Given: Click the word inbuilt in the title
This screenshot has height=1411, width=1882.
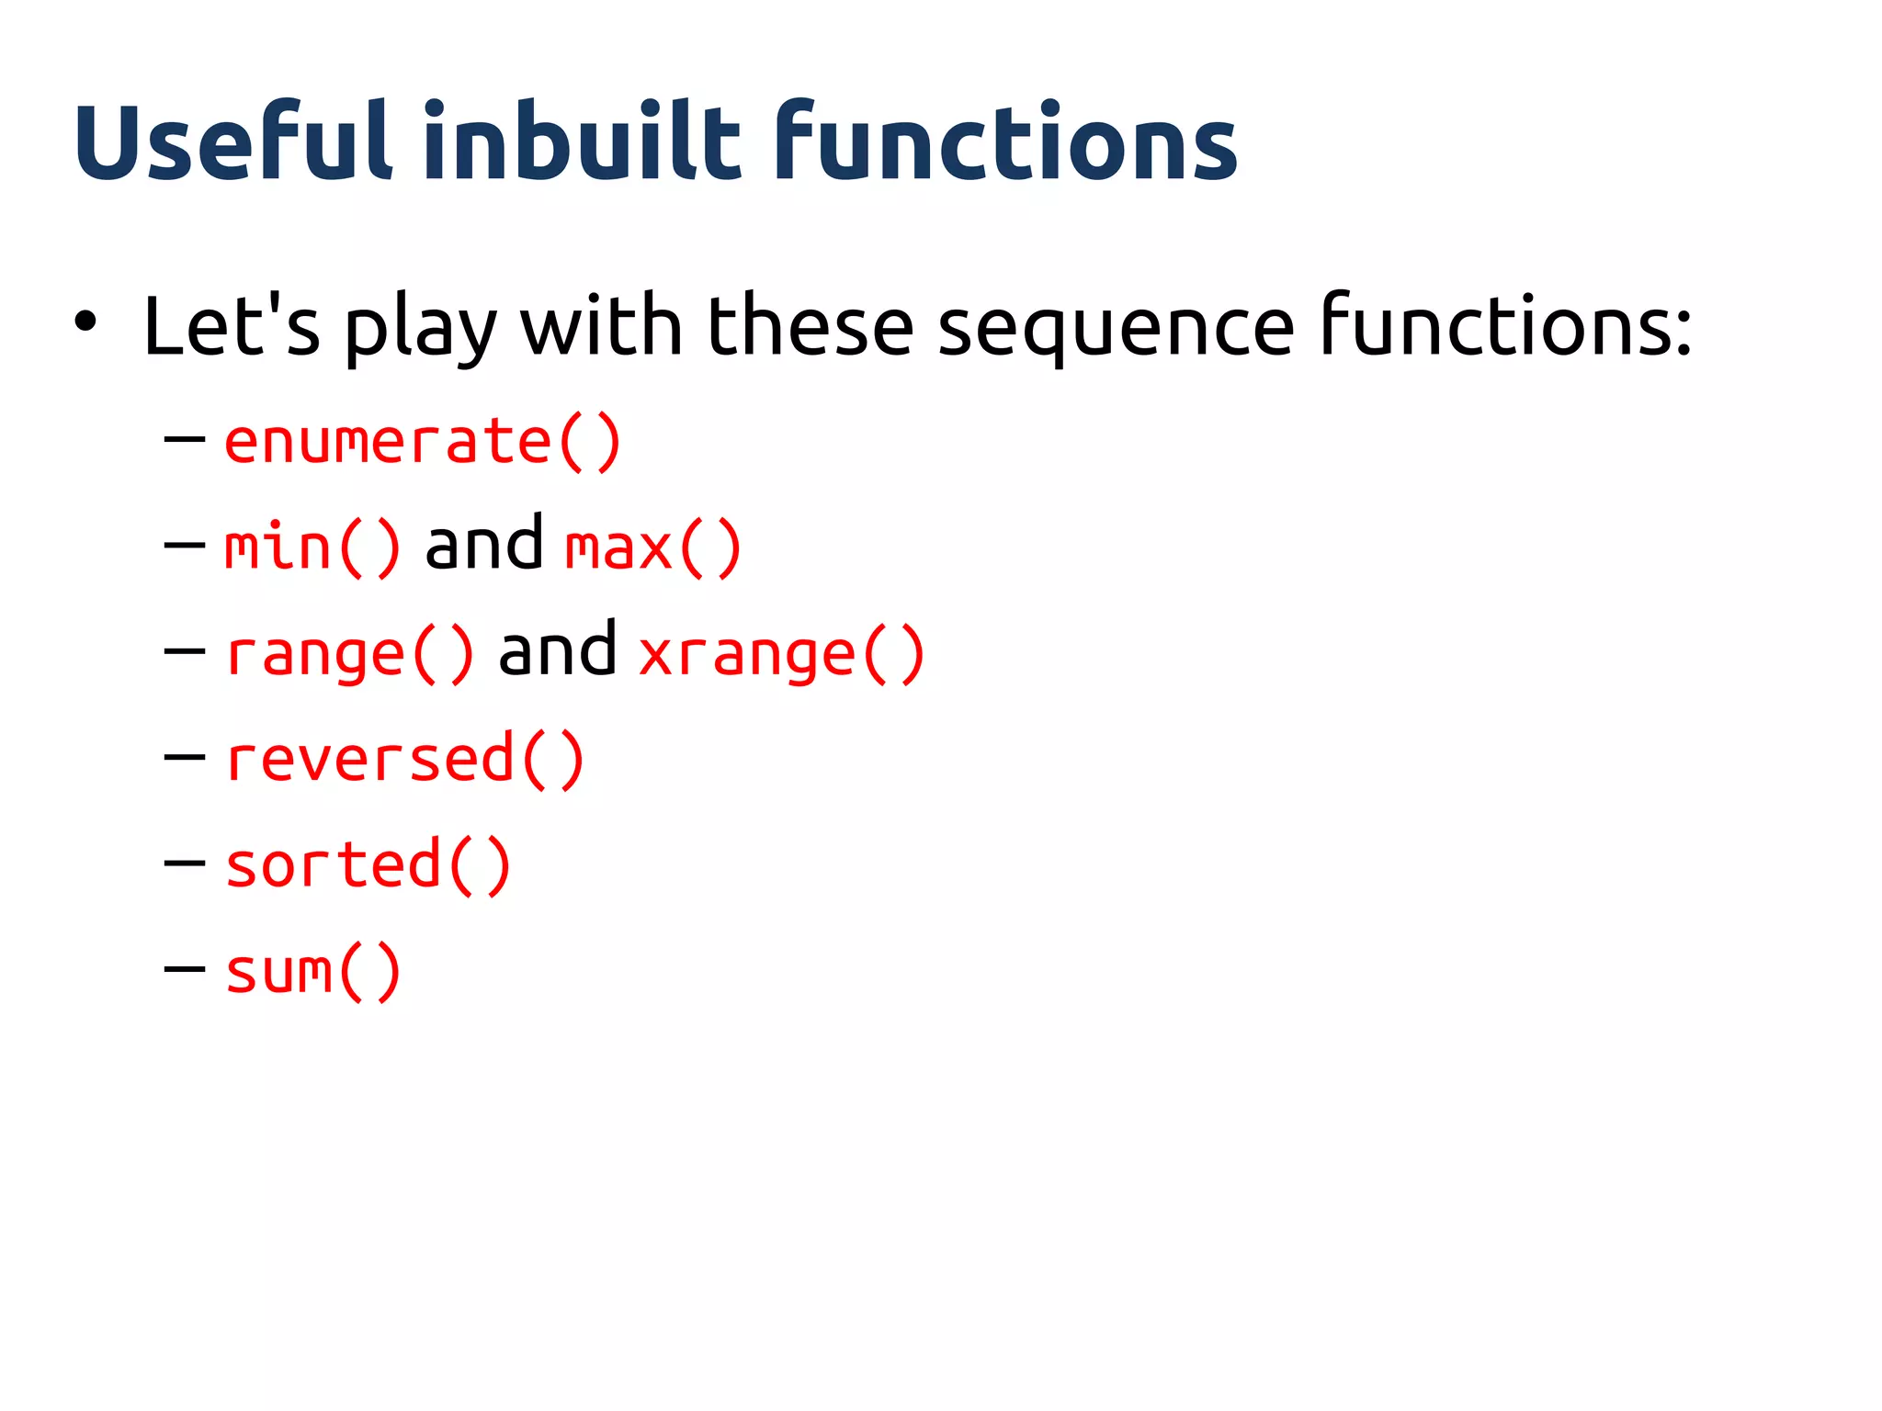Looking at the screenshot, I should pyautogui.click(x=582, y=142).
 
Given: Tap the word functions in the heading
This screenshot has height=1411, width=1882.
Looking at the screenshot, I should pyautogui.click(x=1005, y=142).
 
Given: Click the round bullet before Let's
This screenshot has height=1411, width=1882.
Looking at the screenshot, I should pyautogui.click(x=85, y=322).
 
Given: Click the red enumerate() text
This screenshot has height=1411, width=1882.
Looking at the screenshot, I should pyautogui.click(x=423, y=442).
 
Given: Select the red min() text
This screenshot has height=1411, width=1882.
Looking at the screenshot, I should pyautogui.click(x=312, y=547).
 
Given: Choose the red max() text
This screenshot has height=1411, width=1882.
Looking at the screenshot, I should pyautogui.click(x=652, y=547).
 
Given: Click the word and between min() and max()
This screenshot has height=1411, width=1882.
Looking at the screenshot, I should pyautogui.click(x=483, y=544).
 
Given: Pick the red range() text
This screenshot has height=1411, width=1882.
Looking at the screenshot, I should pyautogui.click(x=350, y=654).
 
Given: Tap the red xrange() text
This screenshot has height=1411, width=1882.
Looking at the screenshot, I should pyautogui.click(x=781, y=654).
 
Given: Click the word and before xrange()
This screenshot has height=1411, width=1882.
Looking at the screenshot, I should pyautogui.click(x=557, y=650).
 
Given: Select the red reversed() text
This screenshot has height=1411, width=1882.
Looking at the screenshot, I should pyautogui.click(x=404, y=760).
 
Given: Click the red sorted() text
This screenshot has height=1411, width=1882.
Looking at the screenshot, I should pyautogui.click(x=368, y=865).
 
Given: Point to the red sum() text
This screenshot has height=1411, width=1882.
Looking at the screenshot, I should pyautogui.click(x=312, y=972).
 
